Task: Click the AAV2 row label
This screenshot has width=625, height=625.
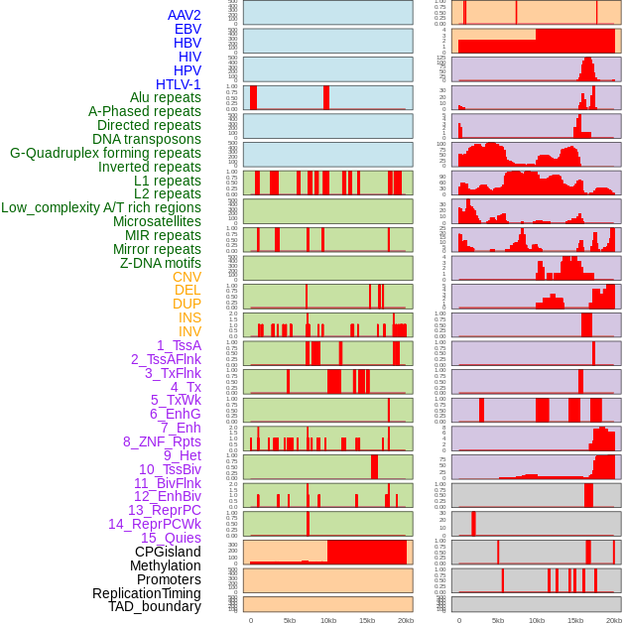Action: coord(184,15)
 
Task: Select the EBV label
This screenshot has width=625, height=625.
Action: coord(187,29)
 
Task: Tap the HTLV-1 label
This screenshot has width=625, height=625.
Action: coord(179,84)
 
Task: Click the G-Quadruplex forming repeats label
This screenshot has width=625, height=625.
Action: coord(105,153)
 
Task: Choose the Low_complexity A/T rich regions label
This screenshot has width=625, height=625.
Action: coord(101,207)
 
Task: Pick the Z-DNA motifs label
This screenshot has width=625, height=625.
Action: coord(161,263)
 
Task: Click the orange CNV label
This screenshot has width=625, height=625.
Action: coord(187,277)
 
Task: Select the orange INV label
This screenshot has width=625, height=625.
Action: coord(189,331)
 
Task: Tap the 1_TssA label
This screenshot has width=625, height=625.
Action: coord(179,345)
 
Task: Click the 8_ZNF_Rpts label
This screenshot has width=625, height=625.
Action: coord(162,441)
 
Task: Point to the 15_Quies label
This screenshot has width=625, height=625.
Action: coord(171,538)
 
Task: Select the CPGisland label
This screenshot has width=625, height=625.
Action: coord(168,552)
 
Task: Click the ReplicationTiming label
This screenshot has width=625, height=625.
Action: coord(147,593)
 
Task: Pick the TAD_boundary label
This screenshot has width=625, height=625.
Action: coord(155,606)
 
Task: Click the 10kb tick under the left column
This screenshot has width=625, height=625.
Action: coord(327,620)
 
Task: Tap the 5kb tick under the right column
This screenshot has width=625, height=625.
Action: coord(498,620)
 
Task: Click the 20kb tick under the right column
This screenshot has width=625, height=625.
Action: coord(614,620)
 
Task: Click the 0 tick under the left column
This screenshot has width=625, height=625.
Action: coord(250,620)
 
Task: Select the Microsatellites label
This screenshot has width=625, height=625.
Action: coord(157,221)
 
